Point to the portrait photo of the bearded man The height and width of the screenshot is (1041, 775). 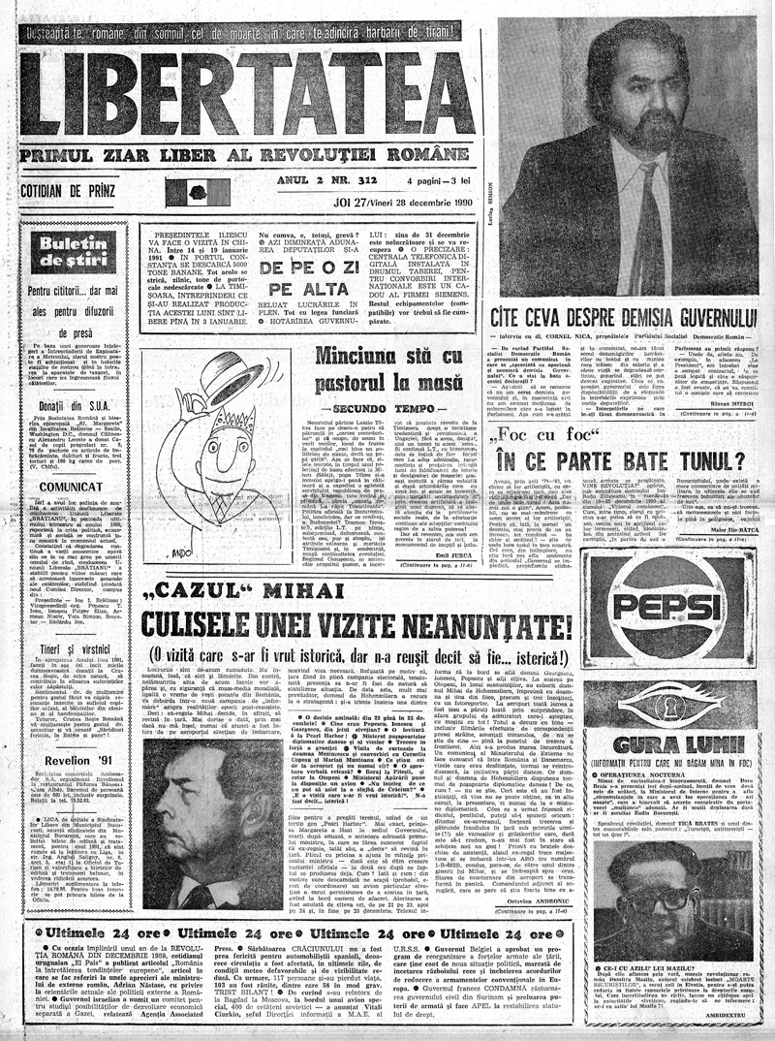pos(625,145)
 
